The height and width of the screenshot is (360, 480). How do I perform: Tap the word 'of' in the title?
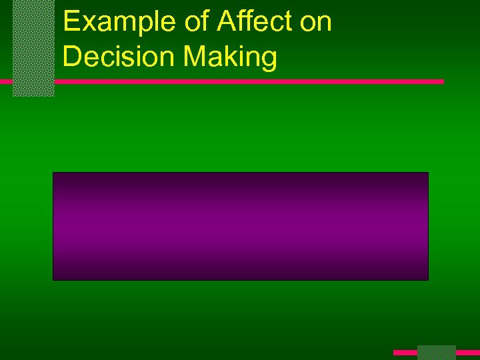coord(195,23)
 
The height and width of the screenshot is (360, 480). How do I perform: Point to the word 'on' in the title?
coord(316,23)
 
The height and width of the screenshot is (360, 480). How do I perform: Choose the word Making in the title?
coord(229,57)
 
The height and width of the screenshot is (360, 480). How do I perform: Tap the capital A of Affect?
coord(225,23)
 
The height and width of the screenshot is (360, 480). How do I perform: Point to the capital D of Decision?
coord(71,57)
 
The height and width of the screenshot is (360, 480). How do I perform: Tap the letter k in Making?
coord(232,57)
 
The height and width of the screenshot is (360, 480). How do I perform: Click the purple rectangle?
coord(240,226)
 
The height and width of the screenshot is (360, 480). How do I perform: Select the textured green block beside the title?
coord(33,48)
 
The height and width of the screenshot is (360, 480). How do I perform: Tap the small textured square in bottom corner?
coord(436,352)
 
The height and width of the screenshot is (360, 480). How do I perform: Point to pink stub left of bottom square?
coord(405,352)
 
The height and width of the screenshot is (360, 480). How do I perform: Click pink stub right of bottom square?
coord(467,352)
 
